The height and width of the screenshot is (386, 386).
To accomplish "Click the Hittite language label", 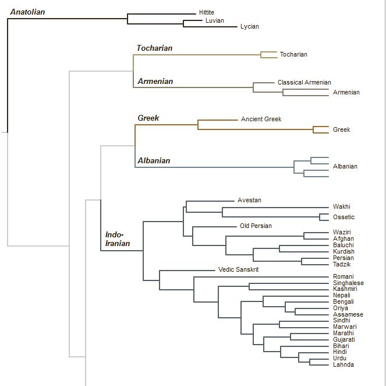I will pos(206,12).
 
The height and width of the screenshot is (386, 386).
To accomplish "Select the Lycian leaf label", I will pos(249,26).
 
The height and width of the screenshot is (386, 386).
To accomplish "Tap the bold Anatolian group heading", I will pos(27,12).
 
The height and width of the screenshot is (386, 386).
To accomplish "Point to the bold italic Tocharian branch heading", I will pos(154,48).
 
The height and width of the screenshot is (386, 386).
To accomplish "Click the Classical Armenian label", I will pos(304,82).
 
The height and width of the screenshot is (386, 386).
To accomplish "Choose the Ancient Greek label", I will pos(261,119).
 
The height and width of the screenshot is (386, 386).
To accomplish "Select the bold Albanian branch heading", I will pos(154,160).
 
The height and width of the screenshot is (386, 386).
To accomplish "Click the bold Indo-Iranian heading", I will pos(117,238).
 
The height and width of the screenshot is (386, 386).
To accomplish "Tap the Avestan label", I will pos(249,200).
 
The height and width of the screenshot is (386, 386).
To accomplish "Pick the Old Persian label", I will pos(256,226).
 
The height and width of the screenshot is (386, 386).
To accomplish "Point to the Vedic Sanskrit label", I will pos(238,269).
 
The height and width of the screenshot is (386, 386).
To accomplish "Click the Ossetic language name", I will pos(343,217).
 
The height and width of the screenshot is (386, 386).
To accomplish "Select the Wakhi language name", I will pos(341,206).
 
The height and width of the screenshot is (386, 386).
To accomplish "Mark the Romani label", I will pos(343,276).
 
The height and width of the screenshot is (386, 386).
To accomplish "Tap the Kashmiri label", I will pos(345,289).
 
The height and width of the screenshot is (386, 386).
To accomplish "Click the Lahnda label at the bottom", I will pos(343,364).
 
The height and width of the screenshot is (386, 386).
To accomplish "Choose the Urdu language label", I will pos(340,358).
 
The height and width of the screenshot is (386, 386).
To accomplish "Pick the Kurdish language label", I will pos(343,251).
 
